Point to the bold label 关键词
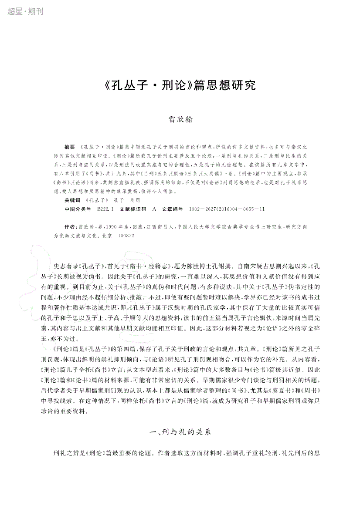click(72, 200)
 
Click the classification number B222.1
click(105, 209)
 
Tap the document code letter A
click(154, 209)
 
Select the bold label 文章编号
click(173, 209)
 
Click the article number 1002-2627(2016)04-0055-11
click(227, 209)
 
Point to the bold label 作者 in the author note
click(69, 227)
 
